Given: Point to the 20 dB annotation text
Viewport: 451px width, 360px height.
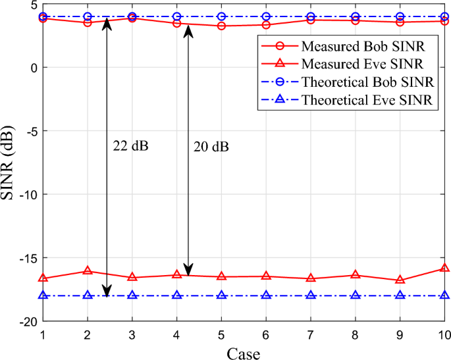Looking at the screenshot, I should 211,146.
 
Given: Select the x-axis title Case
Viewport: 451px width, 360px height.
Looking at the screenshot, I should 244,353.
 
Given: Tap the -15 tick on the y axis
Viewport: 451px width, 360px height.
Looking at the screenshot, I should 28,258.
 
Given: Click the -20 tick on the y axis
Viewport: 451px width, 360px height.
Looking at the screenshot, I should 28,322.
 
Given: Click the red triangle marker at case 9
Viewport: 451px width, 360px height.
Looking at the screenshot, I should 400,280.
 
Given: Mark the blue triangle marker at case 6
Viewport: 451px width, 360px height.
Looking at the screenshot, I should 266,296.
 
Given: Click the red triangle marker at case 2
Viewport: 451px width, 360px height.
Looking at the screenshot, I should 88,270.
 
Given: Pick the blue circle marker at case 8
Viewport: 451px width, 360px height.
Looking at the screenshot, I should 356,16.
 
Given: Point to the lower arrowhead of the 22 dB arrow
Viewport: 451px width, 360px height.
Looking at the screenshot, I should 107,292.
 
